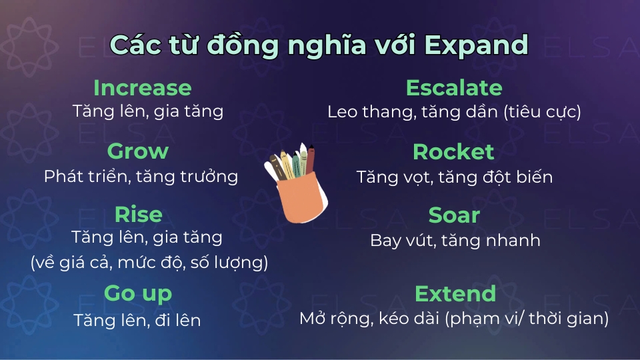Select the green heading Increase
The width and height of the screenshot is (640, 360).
coord(142,88)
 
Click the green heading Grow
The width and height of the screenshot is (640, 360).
coord(138,151)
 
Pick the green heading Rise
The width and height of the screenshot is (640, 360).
coord(138,215)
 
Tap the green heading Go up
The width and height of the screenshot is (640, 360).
coord(138,293)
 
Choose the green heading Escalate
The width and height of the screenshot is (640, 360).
coord(454,88)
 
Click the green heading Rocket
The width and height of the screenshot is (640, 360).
coord(453,152)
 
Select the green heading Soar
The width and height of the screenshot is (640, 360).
coord(454,215)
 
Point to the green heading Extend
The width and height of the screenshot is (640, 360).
coord(455,293)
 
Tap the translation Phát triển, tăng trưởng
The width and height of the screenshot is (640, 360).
coord(141,177)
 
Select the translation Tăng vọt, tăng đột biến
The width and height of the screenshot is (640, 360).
coord(454,177)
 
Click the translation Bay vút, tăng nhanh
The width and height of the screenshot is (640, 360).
coord(455,241)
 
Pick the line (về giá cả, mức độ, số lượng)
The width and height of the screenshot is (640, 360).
coord(149,263)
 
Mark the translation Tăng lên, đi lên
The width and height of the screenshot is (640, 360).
coord(137,320)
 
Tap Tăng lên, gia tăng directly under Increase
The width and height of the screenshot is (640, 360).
coord(147,111)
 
